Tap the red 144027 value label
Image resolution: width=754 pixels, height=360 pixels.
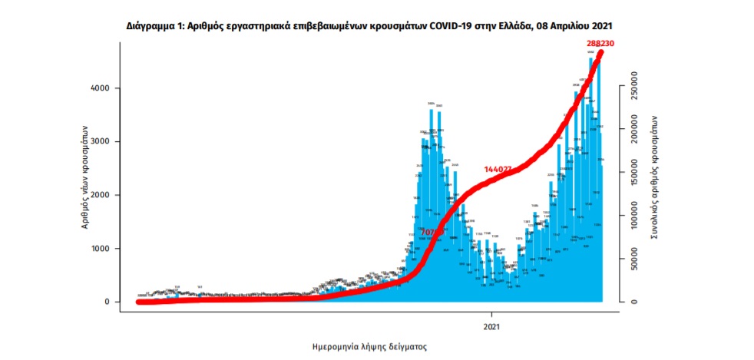498,169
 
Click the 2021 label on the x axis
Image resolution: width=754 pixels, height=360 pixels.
492,325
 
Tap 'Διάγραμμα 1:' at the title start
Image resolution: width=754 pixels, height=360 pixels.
154,25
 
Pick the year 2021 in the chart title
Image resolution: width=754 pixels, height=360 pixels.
602,25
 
